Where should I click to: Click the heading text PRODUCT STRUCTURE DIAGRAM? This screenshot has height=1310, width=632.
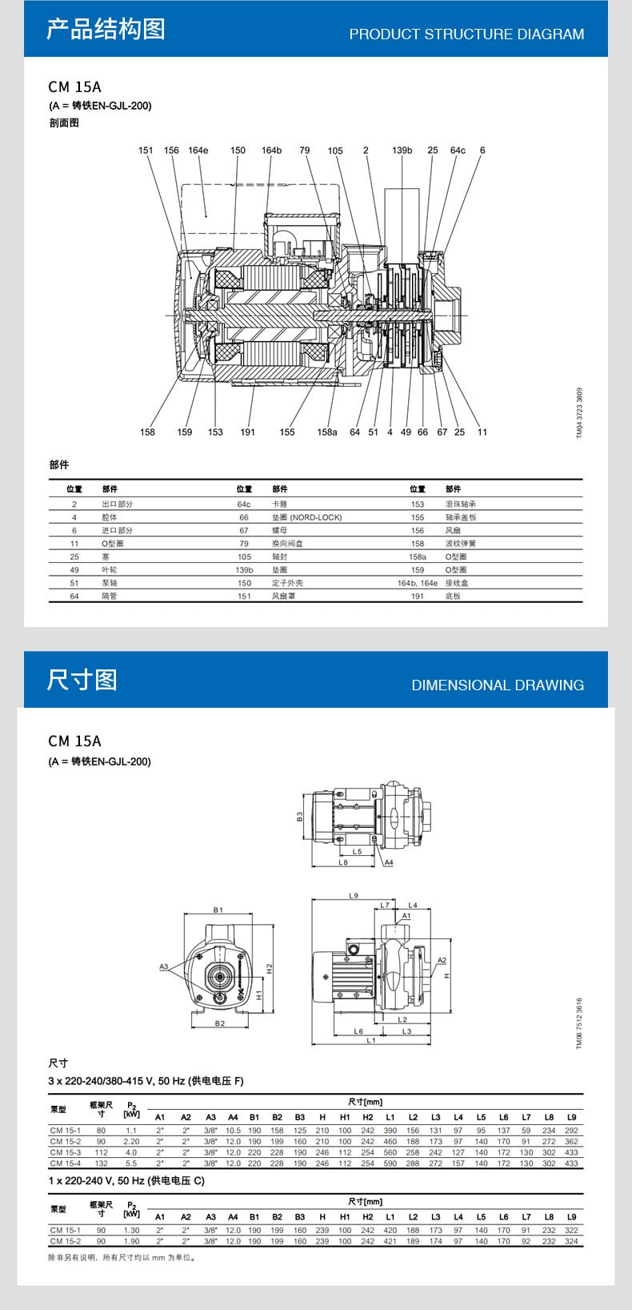pyautogui.click(x=466, y=34)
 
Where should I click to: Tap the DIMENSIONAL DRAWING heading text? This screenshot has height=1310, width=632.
pyautogui.click(x=497, y=685)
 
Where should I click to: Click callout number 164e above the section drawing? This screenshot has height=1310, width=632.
pyautogui.click(x=198, y=151)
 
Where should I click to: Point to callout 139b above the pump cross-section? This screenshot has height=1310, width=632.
pyautogui.click(x=402, y=151)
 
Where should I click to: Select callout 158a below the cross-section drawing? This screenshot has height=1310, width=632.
pyautogui.click(x=326, y=432)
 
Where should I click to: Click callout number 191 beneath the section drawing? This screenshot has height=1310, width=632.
pyautogui.click(x=247, y=432)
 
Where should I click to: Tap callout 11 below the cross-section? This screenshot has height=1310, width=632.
pyautogui.click(x=482, y=432)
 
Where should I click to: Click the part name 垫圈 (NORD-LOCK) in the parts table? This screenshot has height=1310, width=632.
pyautogui.click(x=306, y=517)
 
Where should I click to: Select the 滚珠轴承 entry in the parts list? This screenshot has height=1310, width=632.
pyautogui.click(x=461, y=504)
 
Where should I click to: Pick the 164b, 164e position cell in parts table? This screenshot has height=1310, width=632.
pyautogui.click(x=418, y=583)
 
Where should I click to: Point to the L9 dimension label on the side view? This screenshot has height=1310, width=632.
pyautogui.click(x=354, y=896)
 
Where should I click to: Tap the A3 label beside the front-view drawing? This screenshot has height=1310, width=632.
pyautogui.click(x=164, y=966)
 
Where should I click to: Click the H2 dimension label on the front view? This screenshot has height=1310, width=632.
pyautogui.click(x=270, y=968)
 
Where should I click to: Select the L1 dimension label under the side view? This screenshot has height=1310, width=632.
pyautogui.click(x=370, y=1040)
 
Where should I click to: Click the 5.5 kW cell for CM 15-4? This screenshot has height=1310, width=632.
pyautogui.click(x=131, y=1163)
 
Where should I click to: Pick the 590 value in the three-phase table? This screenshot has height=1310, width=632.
pyautogui.click(x=390, y=1163)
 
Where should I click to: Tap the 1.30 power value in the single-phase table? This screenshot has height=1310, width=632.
pyautogui.click(x=131, y=1230)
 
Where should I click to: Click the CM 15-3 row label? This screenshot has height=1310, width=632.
pyautogui.click(x=66, y=1152)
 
